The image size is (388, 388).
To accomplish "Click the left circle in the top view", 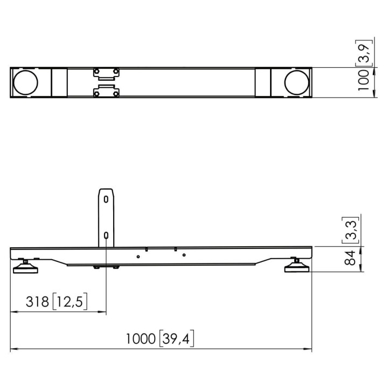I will tap(26, 82).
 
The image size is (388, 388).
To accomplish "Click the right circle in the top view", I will tap(297, 82).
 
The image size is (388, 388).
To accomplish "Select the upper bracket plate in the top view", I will tap(106, 73).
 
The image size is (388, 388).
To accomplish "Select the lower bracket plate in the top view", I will tap(106, 92).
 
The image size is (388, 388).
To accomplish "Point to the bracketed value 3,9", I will tap(365, 52).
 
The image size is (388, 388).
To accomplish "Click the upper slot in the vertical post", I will tap(106, 199).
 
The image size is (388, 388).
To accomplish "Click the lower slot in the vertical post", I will tap(106, 235).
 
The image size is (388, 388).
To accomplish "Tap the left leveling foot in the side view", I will tap(25, 266).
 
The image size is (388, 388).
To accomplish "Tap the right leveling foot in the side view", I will tap(297, 266).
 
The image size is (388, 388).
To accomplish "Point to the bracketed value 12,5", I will tap(70, 302).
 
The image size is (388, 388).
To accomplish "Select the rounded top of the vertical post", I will tap(106, 190).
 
